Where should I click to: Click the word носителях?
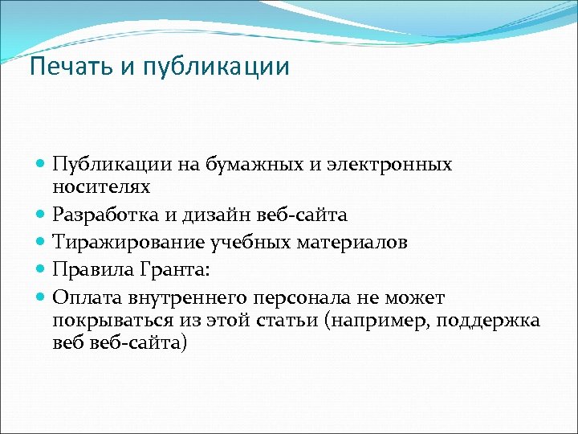click(x=101, y=186)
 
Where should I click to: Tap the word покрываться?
click(x=107, y=321)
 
